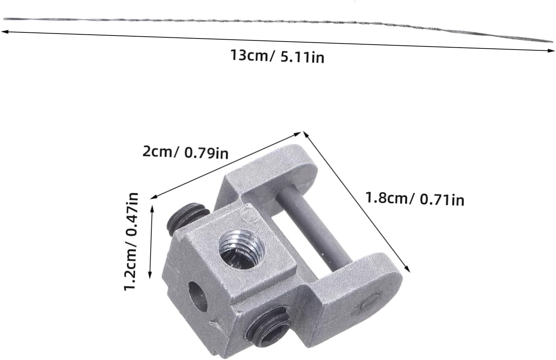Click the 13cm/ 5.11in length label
coord(277,56)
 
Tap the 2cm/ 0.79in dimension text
coord(185,152)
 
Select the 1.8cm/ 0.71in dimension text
coord(415,199)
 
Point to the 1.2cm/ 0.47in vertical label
coord(131,241)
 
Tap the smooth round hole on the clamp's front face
coord(198,296)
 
